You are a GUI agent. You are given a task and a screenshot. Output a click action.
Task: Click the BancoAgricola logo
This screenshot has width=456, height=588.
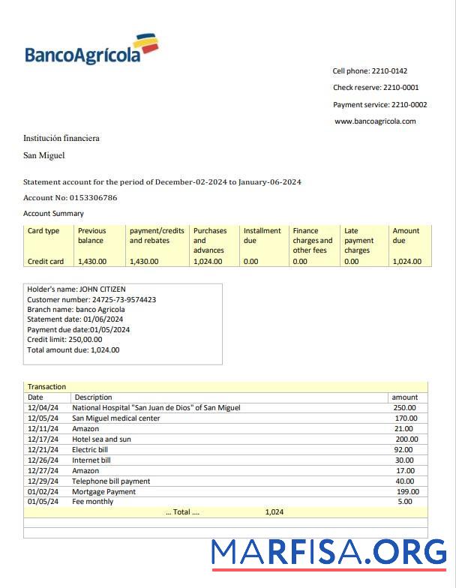tap(91, 49)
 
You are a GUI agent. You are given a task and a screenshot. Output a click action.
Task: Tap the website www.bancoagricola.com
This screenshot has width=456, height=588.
tap(375, 121)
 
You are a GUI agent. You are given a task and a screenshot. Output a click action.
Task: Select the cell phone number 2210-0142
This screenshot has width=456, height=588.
tap(389, 71)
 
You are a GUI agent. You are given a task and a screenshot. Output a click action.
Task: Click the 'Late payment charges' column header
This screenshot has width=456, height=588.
tap(358, 241)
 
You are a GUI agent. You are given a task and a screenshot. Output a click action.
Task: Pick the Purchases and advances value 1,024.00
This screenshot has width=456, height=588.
tap(208, 262)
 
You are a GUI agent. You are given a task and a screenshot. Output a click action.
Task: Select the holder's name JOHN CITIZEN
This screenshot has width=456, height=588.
tap(103, 289)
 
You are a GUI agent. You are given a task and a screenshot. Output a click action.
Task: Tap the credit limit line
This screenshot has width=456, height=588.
tap(64, 340)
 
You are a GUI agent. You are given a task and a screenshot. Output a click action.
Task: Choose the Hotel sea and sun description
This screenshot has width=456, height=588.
tap(101, 439)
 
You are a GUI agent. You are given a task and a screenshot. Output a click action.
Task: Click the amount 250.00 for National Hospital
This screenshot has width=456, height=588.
tap(405, 408)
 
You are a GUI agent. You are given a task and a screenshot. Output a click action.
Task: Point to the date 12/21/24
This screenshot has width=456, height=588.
tap(43, 450)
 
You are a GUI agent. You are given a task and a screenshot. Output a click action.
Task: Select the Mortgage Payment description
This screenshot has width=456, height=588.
tap(103, 492)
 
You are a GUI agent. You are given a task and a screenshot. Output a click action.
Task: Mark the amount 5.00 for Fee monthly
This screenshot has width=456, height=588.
tap(405, 502)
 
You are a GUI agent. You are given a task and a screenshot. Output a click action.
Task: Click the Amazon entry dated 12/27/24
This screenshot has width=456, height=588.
tap(85, 471)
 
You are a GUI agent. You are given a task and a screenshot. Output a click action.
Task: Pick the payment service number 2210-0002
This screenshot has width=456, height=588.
tap(409, 105)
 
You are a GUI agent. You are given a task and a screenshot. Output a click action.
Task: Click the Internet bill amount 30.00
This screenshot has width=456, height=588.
tap(404, 460)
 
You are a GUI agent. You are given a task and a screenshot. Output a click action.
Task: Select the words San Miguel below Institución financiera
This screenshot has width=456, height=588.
tap(43, 155)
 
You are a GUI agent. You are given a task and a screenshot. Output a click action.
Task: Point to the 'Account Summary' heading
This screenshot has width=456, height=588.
tap(53, 214)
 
